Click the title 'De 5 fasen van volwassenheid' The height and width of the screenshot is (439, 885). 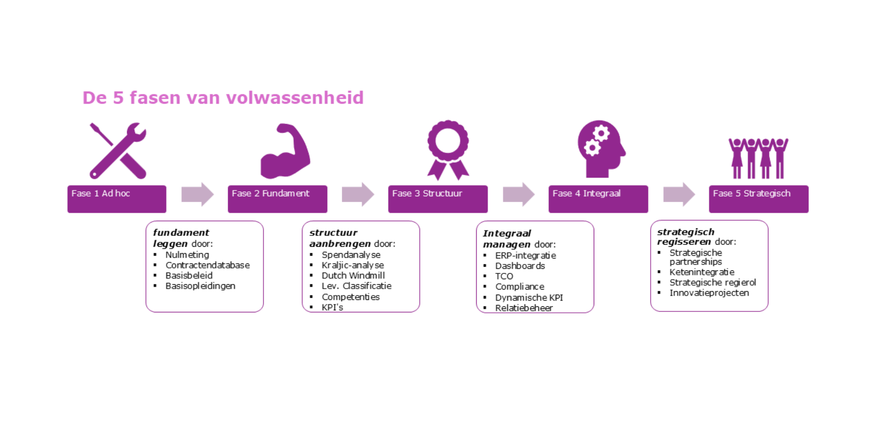point(223,98)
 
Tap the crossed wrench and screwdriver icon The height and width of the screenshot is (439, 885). point(118,151)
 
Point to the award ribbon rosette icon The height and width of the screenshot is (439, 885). point(448,150)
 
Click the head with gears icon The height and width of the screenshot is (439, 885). point(601,149)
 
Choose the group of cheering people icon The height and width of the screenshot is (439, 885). point(758,158)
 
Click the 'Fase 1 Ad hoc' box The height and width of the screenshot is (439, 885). point(117,199)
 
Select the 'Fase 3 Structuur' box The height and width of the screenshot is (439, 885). point(438,199)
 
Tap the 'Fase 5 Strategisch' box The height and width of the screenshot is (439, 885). point(758,199)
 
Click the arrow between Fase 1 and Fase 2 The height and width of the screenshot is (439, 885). point(197,194)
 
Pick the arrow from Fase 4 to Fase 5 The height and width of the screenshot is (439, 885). point(679,194)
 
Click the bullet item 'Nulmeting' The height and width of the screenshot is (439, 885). point(187,255)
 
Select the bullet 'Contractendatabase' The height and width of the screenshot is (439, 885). point(207,265)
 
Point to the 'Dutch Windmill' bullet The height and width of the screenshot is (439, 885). point(353,276)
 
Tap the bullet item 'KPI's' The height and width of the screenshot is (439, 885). point(332,307)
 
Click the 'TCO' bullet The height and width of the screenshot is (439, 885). point(504,277)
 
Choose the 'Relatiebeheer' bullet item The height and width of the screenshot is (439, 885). point(524,308)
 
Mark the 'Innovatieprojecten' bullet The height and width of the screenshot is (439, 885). point(709,293)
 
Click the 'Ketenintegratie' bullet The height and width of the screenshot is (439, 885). point(702,272)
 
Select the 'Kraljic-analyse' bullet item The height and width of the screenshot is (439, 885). point(353,265)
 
